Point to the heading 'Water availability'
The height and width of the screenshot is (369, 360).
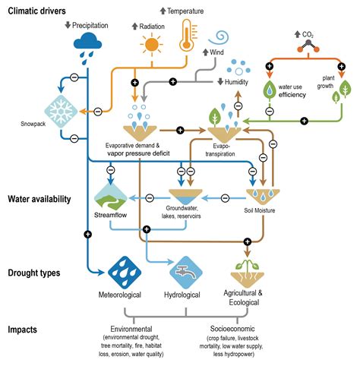click(x=39, y=199)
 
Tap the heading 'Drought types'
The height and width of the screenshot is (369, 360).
click(x=33, y=272)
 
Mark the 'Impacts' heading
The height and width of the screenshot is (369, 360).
click(x=24, y=330)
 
